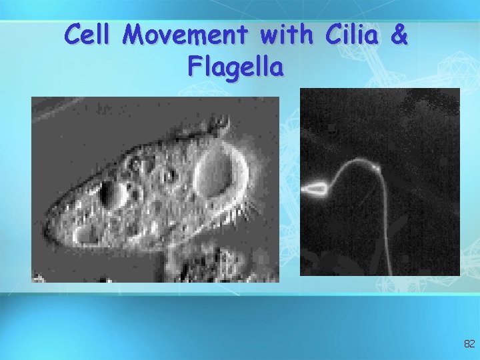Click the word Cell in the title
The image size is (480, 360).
[90, 35]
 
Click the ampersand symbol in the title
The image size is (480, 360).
[399, 35]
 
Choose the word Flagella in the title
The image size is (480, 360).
[236, 66]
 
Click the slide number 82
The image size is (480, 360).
[469, 344]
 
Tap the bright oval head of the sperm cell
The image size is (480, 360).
[315, 189]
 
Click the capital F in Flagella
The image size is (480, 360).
[196, 66]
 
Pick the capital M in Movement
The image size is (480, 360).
[139, 35]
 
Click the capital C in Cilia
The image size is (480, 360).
[331, 35]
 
